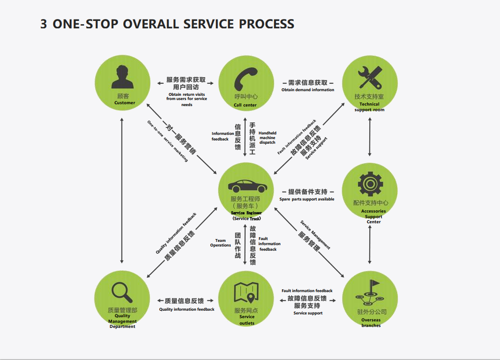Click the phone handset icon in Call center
[246, 79]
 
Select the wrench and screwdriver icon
[370, 78]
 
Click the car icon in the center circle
[247, 186]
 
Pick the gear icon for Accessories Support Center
[370, 184]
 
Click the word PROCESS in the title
[267, 24]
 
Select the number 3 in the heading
[44, 24]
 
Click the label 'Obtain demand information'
[307, 90]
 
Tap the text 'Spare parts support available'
[307, 199]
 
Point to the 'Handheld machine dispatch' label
[267, 138]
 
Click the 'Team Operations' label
[220, 243]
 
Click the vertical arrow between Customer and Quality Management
[122, 191]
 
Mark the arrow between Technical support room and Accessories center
[370, 137]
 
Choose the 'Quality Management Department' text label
[122, 321]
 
